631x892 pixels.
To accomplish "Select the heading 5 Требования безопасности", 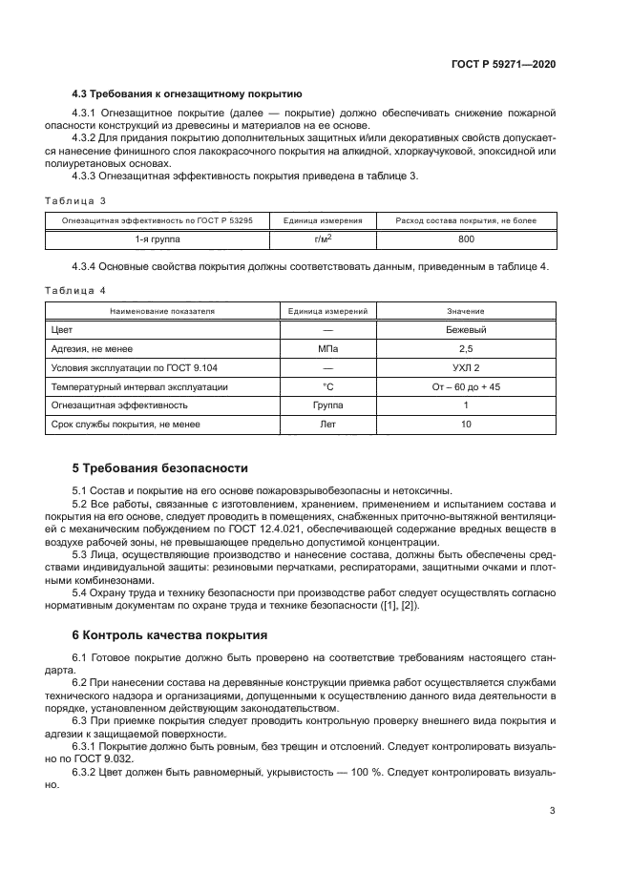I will coord(159,468).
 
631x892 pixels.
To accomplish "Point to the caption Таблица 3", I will coord(75,200).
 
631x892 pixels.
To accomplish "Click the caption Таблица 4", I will coord(75,290).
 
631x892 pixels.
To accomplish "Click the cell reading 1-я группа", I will coord(158,239).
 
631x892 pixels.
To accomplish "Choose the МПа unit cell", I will coord(327,349).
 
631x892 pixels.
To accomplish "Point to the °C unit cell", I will coord(327,386).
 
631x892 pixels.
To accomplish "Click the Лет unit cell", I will coord(327,424).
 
